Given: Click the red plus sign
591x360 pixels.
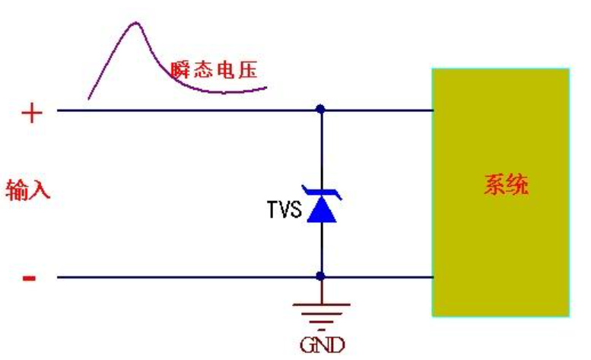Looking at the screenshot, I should (x=31, y=113).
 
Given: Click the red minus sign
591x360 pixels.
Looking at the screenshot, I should (x=29, y=278).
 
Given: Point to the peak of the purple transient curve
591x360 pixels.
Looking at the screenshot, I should (x=136, y=23).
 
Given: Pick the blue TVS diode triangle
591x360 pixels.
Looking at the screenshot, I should (x=320, y=210).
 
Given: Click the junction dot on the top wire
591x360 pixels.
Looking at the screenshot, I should (x=320, y=110).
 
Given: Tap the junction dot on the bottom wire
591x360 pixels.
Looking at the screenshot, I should (x=320, y=276).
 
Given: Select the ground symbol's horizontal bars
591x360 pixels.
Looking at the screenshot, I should (x=320, y=313).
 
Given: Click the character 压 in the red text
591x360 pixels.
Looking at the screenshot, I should (x=248, y=71).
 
